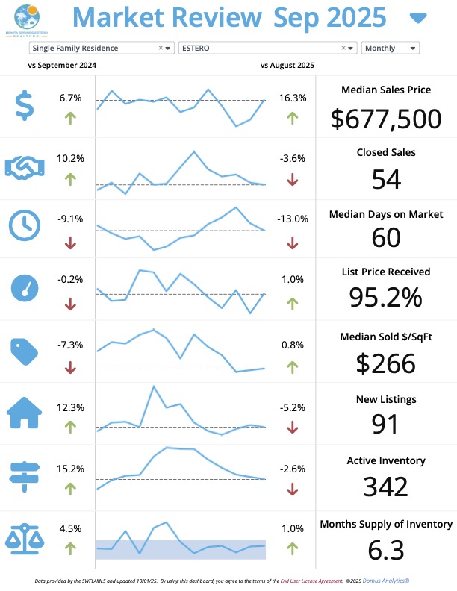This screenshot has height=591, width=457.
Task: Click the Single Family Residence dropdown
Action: click(101, 48)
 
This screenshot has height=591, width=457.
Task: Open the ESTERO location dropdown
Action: click(267, 48)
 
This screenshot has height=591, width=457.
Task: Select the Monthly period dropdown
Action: click(390, 48)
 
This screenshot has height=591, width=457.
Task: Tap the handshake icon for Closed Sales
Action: click(25, 167)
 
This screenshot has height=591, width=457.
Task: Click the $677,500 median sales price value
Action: click(385, 118)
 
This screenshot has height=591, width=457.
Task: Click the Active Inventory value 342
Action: click(385, 486)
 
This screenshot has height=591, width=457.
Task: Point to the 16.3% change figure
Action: click(292, 98)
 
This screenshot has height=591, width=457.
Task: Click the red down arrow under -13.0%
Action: click(292, 243)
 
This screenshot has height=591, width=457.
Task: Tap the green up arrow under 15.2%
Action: click(70, 489)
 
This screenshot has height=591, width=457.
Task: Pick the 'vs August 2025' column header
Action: click(287, 66)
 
